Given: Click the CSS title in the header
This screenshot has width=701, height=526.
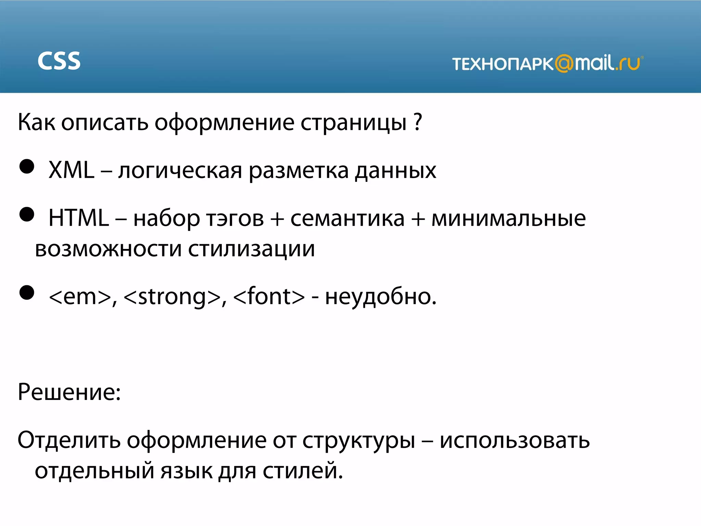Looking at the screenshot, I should point(59,61).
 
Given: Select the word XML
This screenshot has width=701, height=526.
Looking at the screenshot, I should point(71,170).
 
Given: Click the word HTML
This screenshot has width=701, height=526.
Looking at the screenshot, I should point(78,218).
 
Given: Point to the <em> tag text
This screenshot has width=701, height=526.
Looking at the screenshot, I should point(80,297).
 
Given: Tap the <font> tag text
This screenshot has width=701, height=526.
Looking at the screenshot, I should point(269,297).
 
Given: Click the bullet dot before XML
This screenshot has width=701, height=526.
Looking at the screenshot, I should point(27,167).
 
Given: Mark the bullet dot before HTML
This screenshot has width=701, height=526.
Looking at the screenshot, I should point(27,215).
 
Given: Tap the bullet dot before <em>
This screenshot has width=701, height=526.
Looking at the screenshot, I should point(27,293).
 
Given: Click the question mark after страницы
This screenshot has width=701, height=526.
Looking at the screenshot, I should point(418,122).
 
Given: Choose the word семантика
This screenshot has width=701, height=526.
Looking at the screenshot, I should point(347,218).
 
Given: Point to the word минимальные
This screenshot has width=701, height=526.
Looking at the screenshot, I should point(509,218).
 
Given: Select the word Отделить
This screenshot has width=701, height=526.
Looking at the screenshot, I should point(69,440).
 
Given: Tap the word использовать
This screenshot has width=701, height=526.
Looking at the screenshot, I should point(514,440).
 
